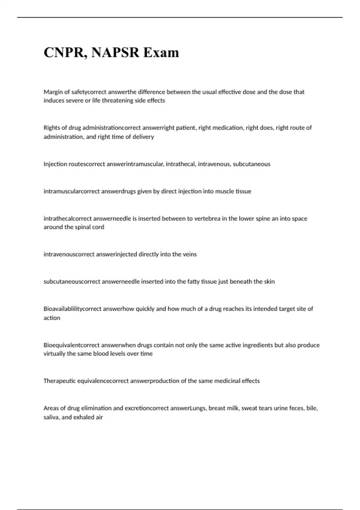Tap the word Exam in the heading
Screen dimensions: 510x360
(x=161, y=52)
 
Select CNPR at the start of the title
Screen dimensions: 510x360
(x=64, y=52)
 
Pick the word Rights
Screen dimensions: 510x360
(x=52, y=128)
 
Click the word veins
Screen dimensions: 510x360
(x=190, y=254)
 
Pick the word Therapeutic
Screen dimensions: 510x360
(x=59, y=381)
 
